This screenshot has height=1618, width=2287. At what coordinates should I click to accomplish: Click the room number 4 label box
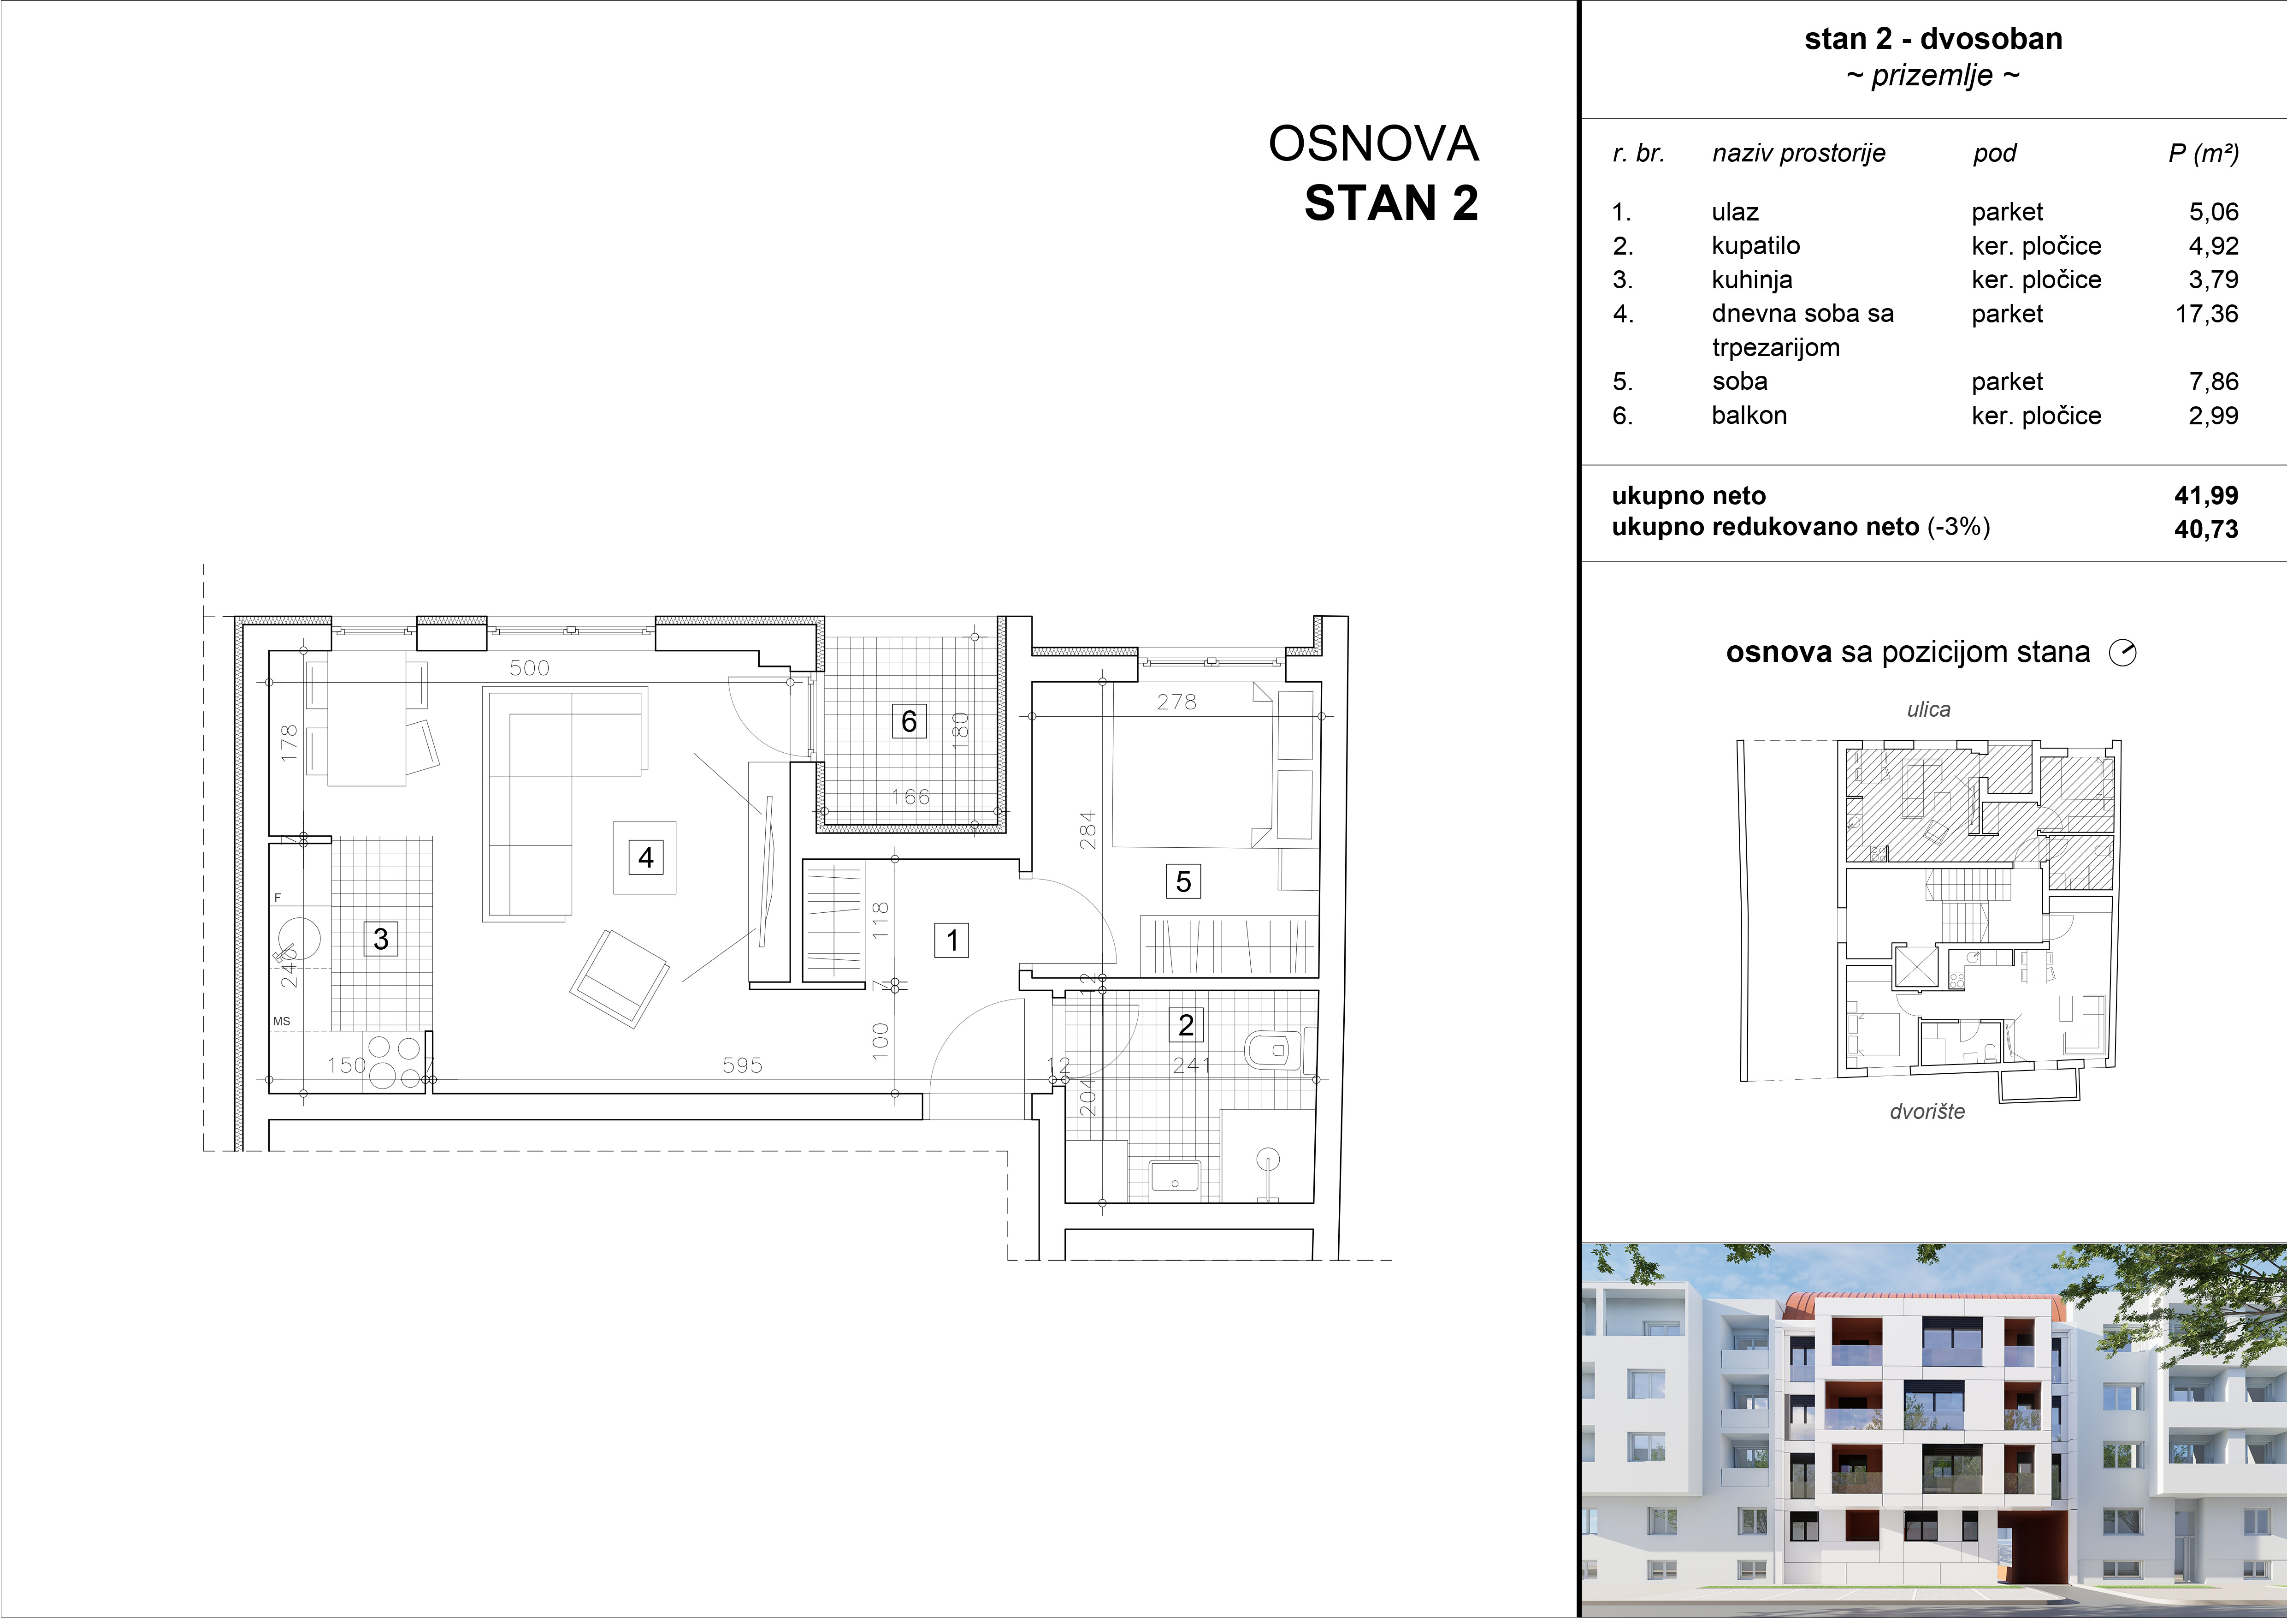click(645, 857)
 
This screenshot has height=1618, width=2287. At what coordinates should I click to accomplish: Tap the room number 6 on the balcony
click(909, 721)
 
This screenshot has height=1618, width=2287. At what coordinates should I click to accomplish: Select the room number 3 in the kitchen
click(380, 939)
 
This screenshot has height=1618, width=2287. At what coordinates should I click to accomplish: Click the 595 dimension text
click(742, 1065)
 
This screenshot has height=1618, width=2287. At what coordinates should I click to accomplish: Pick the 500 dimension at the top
click(529, 667)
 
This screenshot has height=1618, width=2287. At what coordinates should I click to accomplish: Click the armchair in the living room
click(619, 978)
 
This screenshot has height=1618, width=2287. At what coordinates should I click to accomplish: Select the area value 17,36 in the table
click(2206, 314)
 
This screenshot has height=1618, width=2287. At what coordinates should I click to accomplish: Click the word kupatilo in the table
click(1755, 246)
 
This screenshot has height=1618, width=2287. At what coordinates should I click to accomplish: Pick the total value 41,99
click(2206, 495)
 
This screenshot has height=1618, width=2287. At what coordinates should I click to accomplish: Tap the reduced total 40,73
click(2206, 529)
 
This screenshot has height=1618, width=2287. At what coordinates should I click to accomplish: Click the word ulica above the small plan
click(1928, 709)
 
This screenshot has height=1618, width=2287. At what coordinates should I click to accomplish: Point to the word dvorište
click(1927, 1112)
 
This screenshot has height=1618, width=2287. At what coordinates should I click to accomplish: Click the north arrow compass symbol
click(2122, 653)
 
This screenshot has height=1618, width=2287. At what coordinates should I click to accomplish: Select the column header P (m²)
click(2204, 154)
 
